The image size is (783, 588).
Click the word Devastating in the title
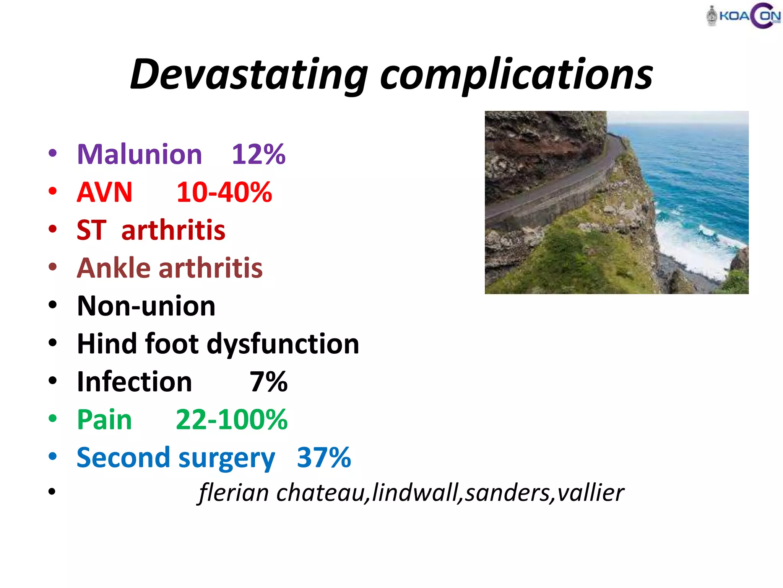(249, 75)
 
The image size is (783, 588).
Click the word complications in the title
(516, 75)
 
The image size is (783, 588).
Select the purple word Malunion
(140, 154)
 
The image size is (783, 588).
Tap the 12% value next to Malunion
(258, 154)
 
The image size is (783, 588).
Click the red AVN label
(104, 192)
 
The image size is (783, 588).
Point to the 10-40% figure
(224, 192)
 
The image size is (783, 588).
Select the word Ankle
(114, 268)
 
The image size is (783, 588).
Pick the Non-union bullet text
(146, 306)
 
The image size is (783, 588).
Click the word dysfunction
(283, 344)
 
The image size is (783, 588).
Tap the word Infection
(134, 382)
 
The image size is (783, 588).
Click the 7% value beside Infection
(268, 382)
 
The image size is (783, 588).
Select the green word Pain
(104, 420)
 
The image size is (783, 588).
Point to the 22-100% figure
(232, 420)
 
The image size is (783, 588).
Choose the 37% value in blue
(324, 457)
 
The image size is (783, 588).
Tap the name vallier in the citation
(590, 493)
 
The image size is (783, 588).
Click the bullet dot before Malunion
(53, 154)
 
